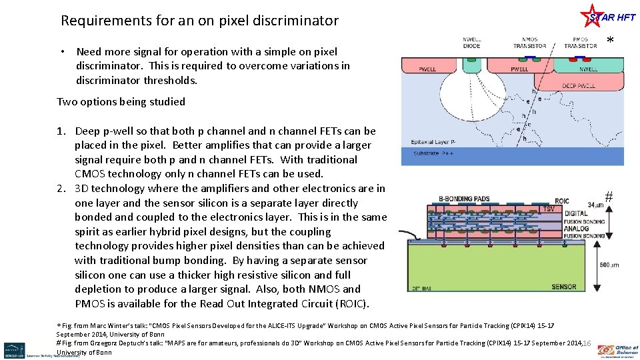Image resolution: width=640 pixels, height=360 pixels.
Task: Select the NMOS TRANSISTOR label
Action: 529,42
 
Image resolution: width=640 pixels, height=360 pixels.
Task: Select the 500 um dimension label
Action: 609,265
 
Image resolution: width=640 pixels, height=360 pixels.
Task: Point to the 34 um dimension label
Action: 595,205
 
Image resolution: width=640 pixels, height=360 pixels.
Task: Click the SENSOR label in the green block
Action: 563,287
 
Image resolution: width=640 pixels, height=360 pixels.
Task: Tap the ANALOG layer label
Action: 575,228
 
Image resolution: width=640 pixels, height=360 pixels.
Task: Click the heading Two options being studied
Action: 121,102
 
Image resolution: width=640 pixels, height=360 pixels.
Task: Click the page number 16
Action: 587,343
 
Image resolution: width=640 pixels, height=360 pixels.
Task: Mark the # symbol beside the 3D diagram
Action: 608,196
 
